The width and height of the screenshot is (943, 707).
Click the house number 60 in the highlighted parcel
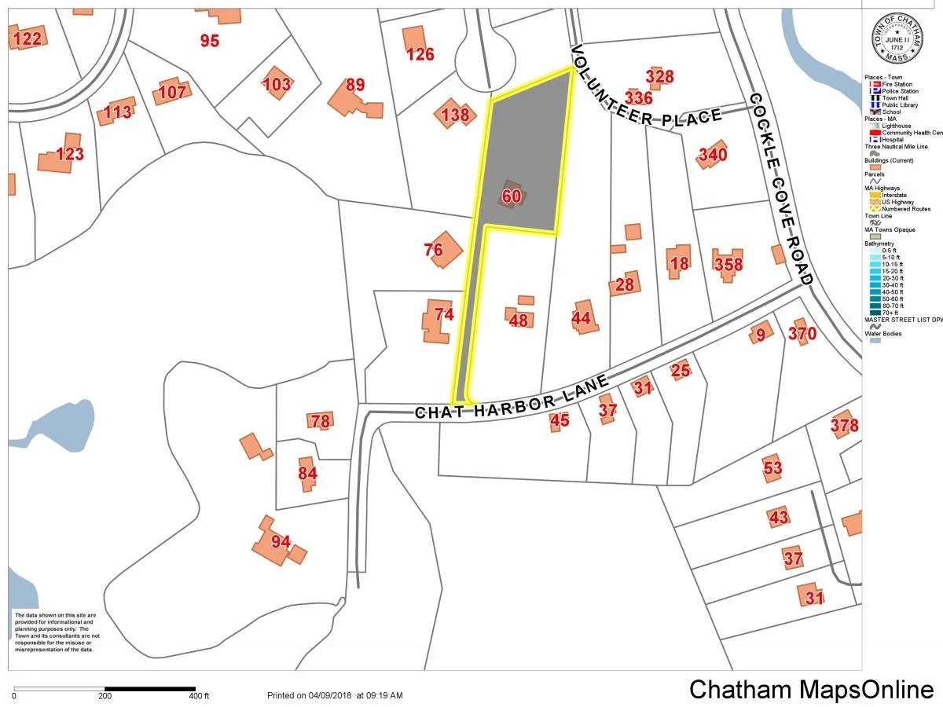[511, 196]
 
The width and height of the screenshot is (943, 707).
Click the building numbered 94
[281, 541]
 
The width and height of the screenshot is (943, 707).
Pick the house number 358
[728, 264]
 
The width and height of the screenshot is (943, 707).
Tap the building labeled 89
[355, 86]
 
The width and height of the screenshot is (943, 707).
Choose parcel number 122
[26, 38]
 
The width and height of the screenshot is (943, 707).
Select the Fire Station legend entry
[896, 84]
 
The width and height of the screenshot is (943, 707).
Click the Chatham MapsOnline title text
[812, 689]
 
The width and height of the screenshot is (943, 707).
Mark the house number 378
[844, 426]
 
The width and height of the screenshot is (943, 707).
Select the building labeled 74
[444, 314]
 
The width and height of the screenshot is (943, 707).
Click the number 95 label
[209, 41]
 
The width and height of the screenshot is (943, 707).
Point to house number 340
[713, 155]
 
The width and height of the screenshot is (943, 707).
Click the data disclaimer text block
[54, 632]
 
